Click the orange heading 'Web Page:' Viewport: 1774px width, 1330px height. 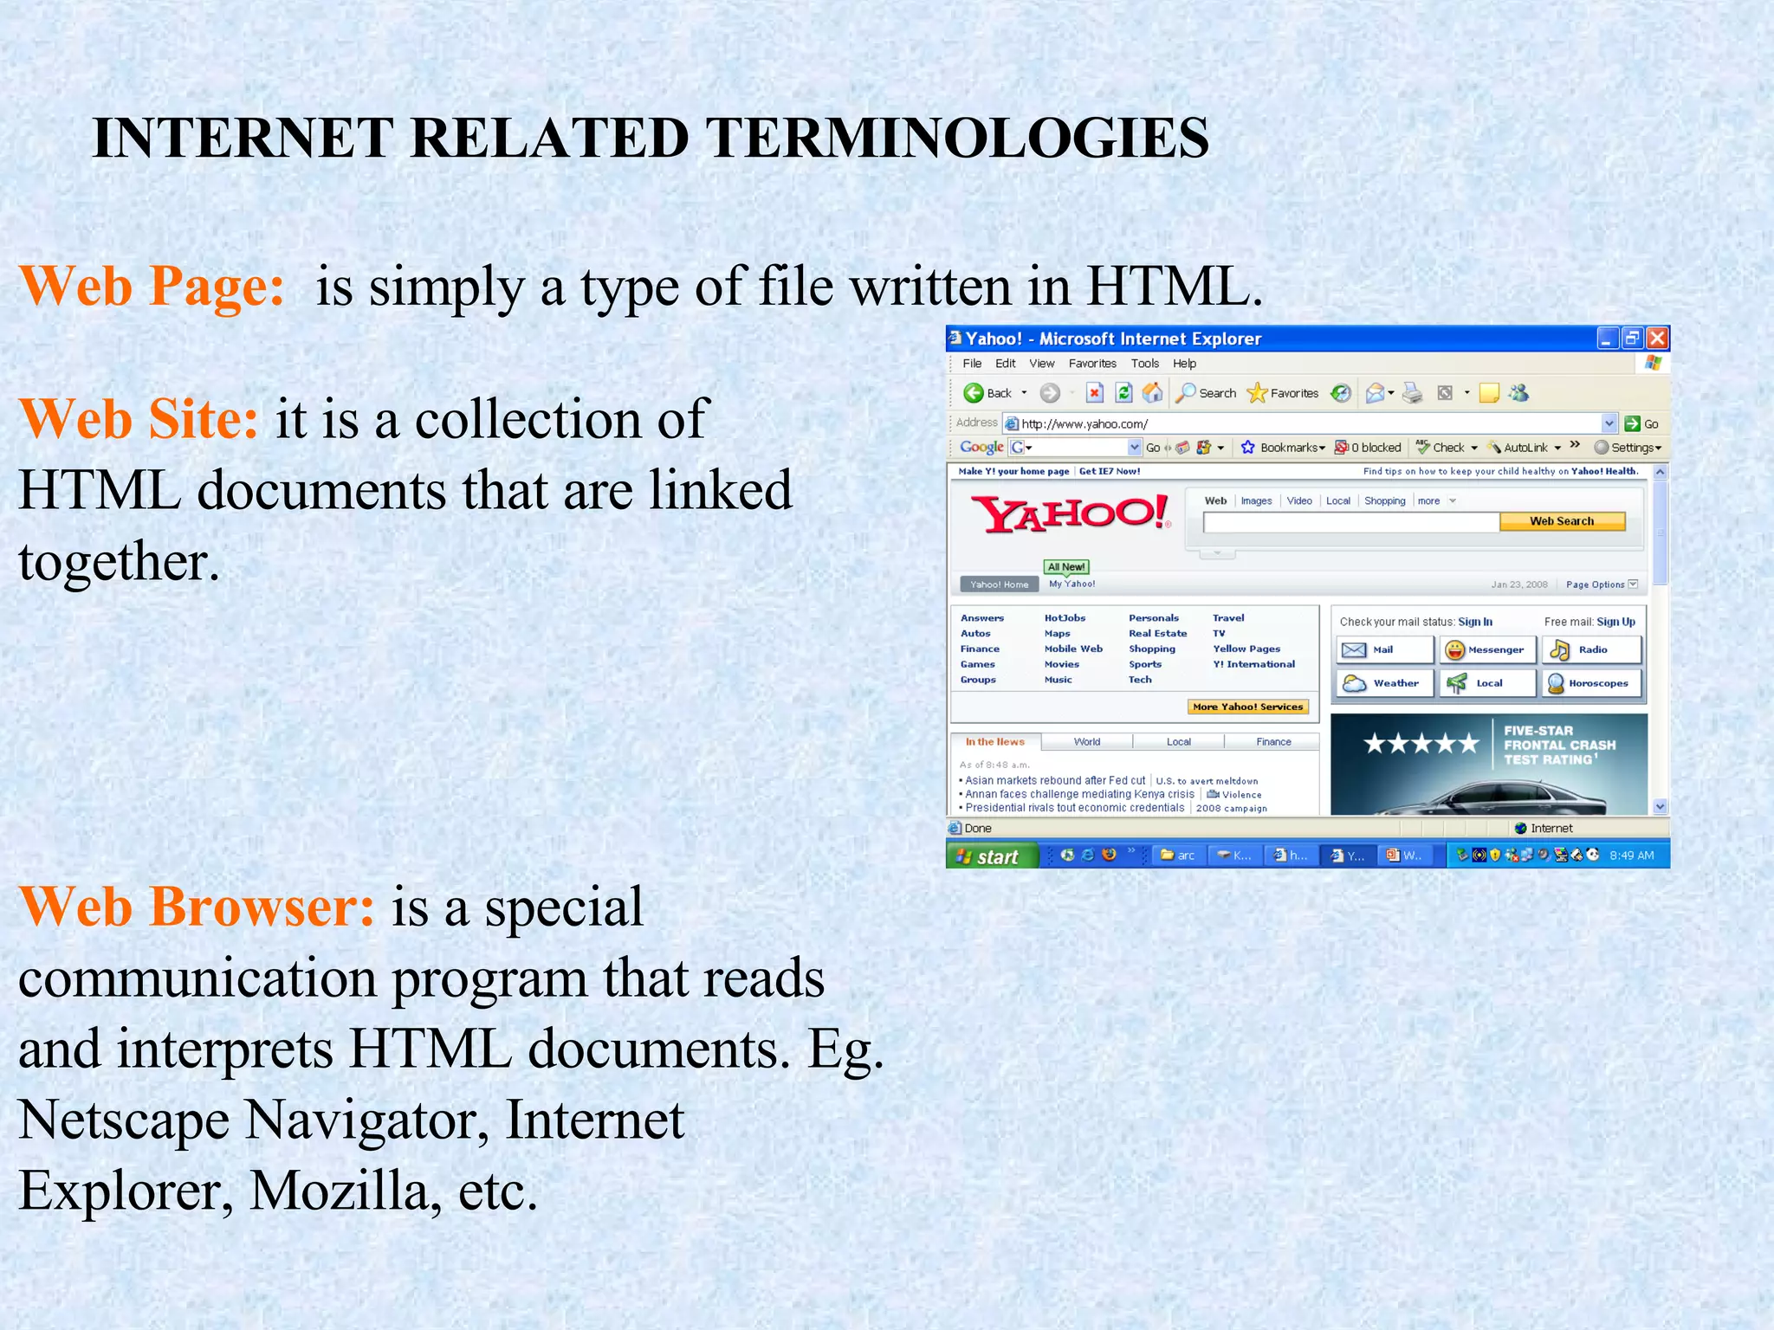(x=152, y=287)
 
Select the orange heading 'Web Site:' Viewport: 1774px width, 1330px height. (x=139, y=420)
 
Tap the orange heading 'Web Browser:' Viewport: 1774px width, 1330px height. (x=197, y=907)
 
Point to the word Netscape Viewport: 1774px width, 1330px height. (x=123, y=1120)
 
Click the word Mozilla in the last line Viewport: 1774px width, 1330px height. (x=339, y=1191)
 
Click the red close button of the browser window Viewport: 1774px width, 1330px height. (x=1657, y=338)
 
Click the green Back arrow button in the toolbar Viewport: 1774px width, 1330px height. (x=974, y=393)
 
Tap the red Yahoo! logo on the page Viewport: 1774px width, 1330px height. (x=1072, y=514)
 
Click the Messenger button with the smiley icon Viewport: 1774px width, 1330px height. (x=1486, y=649)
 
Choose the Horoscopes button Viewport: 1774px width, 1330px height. (x=1590, y=683)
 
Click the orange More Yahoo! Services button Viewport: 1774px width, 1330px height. (x=1247, y=707)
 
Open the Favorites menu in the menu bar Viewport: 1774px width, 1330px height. (x=1091, y=364)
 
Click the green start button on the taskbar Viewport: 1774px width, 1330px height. (x=990, y=855)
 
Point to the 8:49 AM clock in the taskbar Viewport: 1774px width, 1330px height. (x=1631, y=855)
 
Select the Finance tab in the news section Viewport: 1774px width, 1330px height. (x=1272, y=742)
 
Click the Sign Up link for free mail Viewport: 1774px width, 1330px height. (x=1615, y=622)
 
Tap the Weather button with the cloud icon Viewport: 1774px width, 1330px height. (x=1385, y=683)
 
